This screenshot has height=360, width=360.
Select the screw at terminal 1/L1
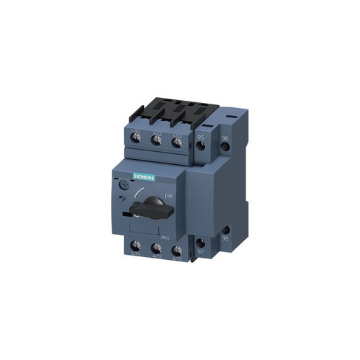(136, 138)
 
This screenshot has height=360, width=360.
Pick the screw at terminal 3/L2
(156, 139)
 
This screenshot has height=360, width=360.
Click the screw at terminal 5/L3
(176, 141)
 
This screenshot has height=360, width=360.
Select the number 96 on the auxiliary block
(225, 138)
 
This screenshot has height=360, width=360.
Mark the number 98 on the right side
(225, 238)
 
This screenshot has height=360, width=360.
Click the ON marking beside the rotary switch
(170, 195)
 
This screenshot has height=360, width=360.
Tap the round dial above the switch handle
(122, 184)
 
